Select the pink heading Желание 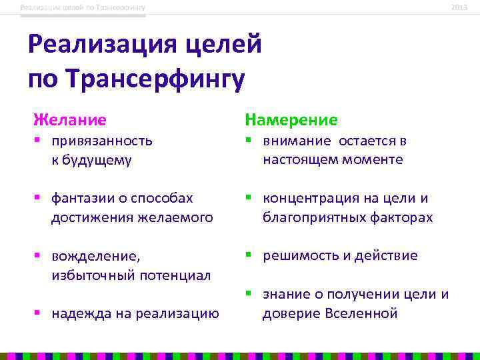click(70, 120)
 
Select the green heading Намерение click(291, 120)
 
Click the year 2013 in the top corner click(459, 7)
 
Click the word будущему click(99, 160)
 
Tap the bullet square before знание click(248, 294)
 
